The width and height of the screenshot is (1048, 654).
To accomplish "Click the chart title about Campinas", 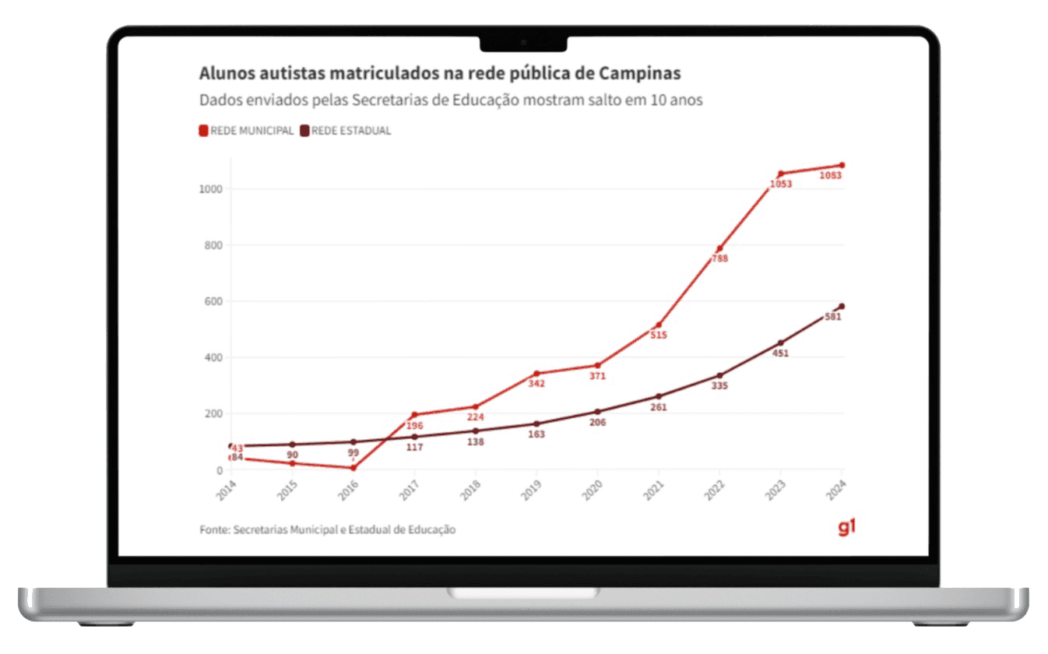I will coord(440,74).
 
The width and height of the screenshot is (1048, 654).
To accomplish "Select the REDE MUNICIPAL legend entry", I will coord(247,131).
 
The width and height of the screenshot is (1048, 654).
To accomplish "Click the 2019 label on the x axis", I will coord(532,490).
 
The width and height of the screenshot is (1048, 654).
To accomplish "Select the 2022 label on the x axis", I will coord(715,490).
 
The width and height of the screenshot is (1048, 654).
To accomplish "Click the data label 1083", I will coord(831,176).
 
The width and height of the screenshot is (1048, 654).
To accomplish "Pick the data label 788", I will coord(719,258).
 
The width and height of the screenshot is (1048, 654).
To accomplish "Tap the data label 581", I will coord(833,317).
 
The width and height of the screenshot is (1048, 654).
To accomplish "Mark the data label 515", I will coord(659,336).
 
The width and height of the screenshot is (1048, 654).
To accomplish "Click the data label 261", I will coord(659,407).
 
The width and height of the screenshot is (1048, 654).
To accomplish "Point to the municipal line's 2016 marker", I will coord(353,467).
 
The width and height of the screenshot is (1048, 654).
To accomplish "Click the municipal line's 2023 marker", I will coord(780,174).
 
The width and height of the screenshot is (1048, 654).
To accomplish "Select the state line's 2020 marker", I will coord(598,412).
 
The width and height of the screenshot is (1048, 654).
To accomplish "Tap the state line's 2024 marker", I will coord(842,306).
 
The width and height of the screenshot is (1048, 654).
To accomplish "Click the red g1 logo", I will coord(847,528).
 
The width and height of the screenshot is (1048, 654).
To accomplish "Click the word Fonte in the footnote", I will coord(214,529).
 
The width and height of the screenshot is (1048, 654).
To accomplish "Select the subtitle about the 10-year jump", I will coord(452,100).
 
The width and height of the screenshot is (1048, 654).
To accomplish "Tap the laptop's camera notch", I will coord(523,43).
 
